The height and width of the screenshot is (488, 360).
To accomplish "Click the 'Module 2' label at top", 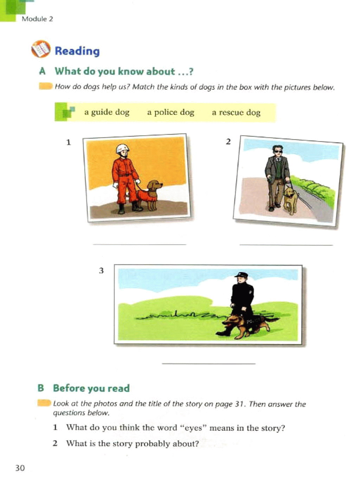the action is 37,19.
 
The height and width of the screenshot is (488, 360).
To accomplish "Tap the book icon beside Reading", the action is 41,49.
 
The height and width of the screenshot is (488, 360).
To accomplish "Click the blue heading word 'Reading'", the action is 77,51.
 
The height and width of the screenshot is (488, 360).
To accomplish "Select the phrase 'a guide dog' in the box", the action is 107,113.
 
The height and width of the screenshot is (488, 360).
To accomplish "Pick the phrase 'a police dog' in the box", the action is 171,113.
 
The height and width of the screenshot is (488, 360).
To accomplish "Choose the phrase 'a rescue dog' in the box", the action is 236,113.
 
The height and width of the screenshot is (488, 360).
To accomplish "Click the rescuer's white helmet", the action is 122,148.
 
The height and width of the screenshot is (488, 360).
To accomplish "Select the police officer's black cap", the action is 241,274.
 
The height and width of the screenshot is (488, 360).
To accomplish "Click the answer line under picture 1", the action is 140,244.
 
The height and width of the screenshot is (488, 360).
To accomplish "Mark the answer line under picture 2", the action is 286,245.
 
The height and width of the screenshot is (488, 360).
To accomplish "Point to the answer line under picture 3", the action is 208,364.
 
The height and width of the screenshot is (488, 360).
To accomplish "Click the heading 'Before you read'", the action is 91,388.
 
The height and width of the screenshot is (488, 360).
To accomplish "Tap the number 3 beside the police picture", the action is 101,271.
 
